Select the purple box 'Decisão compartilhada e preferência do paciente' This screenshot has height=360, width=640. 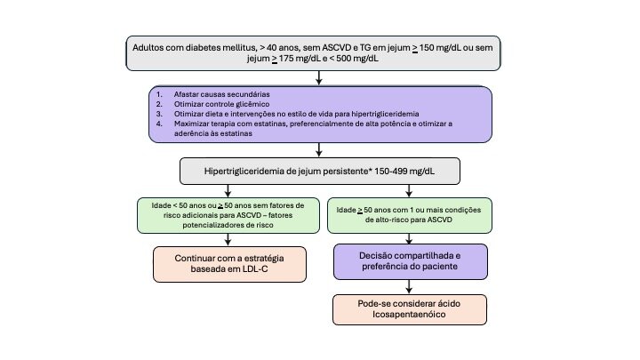409,261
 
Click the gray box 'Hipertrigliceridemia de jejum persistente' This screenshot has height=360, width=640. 319,172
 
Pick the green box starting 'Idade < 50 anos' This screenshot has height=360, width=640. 229,215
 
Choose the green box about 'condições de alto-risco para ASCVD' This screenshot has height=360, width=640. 410,215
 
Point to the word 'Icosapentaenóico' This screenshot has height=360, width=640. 409,316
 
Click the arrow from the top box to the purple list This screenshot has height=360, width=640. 318,78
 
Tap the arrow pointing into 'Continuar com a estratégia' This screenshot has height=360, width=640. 229,238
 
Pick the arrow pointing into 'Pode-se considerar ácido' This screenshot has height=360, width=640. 409,288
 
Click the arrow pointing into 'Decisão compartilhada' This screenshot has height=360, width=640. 409,238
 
